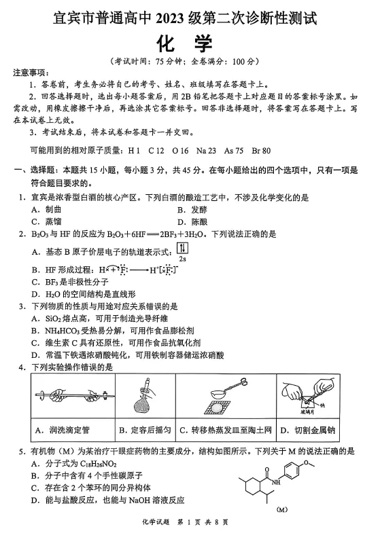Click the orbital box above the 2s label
[182, 248]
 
